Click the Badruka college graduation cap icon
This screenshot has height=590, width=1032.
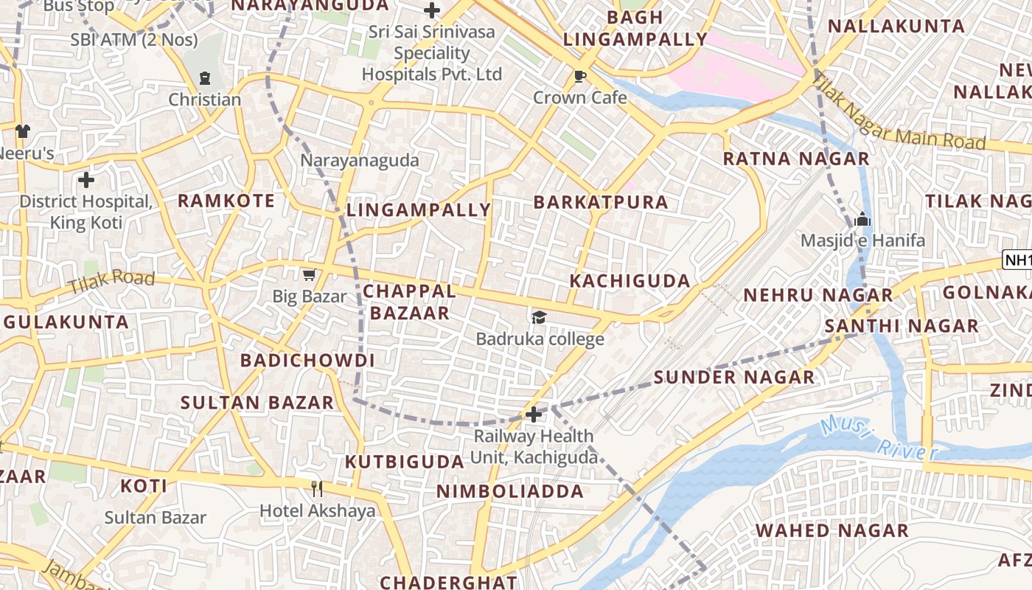(540, 317)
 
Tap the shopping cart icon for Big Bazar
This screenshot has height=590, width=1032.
(309, 275)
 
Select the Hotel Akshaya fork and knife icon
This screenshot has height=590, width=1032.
(317, 488)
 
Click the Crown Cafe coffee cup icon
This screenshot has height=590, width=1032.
(580, 76)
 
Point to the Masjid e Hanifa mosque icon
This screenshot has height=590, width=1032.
(862, 219)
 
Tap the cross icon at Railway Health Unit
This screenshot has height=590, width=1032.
(534, 414)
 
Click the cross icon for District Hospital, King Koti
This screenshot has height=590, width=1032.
(86, 179)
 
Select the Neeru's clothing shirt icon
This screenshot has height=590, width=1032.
(23, 131)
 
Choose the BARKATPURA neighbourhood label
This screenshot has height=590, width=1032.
(601, 202)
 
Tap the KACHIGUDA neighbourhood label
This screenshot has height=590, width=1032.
(630, 281)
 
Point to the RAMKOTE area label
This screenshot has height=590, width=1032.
(226, 201)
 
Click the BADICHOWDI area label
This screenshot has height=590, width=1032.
(307, 361)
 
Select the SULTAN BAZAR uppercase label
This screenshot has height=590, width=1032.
(257, 403)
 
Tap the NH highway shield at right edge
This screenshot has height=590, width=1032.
(1017, 260)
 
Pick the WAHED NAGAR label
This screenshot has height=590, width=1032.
(831, 530)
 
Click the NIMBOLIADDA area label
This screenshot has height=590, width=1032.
(509, 492)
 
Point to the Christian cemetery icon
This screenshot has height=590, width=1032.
(205, 77)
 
